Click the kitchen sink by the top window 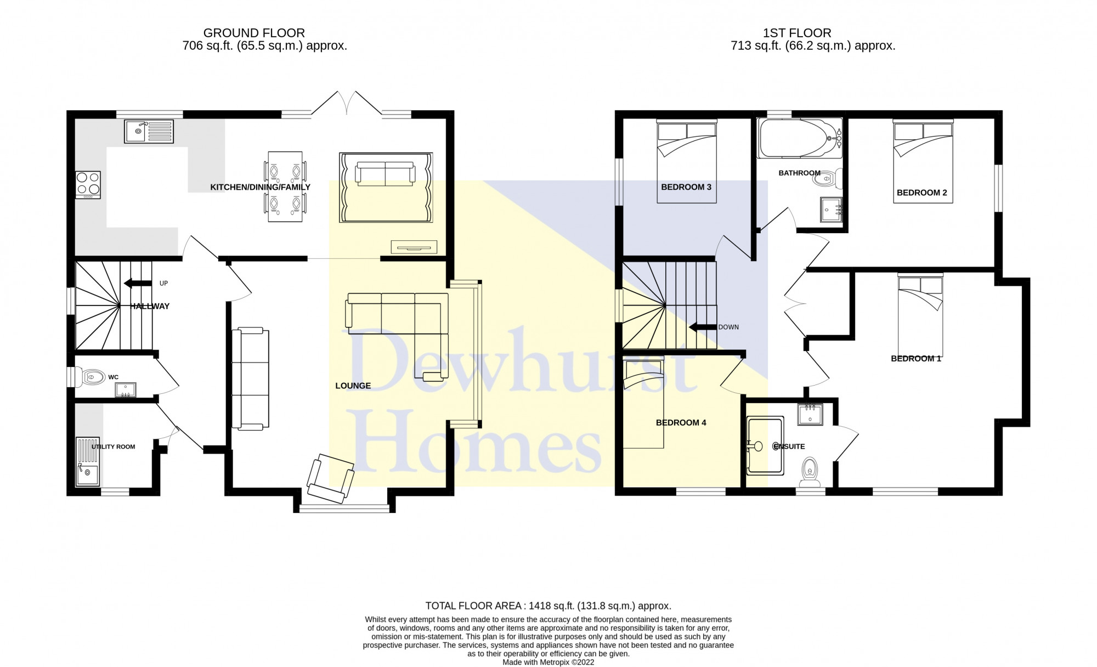[x=149, y=132]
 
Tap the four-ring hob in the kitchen [x=88, y=185]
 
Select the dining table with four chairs [x=285, y=187]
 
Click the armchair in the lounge [x=331, y=478]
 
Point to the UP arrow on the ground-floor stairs [x=138, y=284]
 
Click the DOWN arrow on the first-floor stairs [x=703, y=327]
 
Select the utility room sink [x=87, y=461]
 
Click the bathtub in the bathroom [x=799, y=138]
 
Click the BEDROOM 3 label [x=686, y=187]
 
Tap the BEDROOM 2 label [x=922, y=193]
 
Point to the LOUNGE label [x=353, y=386]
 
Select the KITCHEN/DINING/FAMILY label [x=261, y=187]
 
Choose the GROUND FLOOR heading [x=254, y=33]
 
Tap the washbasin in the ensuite [x=810, y=415]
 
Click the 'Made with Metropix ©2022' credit [x=548, y=662]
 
